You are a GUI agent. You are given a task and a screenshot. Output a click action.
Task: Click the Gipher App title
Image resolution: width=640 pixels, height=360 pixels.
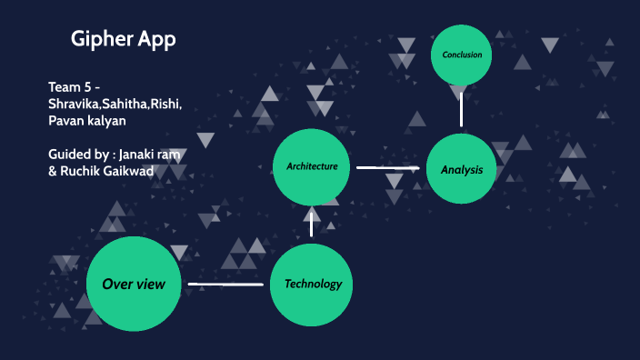123,40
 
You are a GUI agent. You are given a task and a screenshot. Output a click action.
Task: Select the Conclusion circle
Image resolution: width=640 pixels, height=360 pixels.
462,55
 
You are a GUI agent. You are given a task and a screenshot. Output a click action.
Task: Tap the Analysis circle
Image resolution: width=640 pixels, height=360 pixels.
461,169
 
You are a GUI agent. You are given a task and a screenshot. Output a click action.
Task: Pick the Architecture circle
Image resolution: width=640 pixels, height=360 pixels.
312,166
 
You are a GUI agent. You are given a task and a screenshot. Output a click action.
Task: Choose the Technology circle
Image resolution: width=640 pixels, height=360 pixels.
312,284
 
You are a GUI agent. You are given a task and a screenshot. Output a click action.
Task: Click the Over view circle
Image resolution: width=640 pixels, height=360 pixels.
134,284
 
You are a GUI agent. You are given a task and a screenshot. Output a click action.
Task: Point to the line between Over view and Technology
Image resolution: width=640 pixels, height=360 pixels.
225,285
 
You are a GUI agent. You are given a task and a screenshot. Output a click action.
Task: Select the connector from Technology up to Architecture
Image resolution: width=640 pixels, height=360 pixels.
312,224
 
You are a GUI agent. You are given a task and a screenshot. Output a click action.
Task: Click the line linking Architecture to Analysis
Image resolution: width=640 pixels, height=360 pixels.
385,168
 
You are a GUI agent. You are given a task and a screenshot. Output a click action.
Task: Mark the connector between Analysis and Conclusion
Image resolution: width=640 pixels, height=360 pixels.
462,109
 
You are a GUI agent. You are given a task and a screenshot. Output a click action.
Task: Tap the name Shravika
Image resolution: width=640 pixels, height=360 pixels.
75,104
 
